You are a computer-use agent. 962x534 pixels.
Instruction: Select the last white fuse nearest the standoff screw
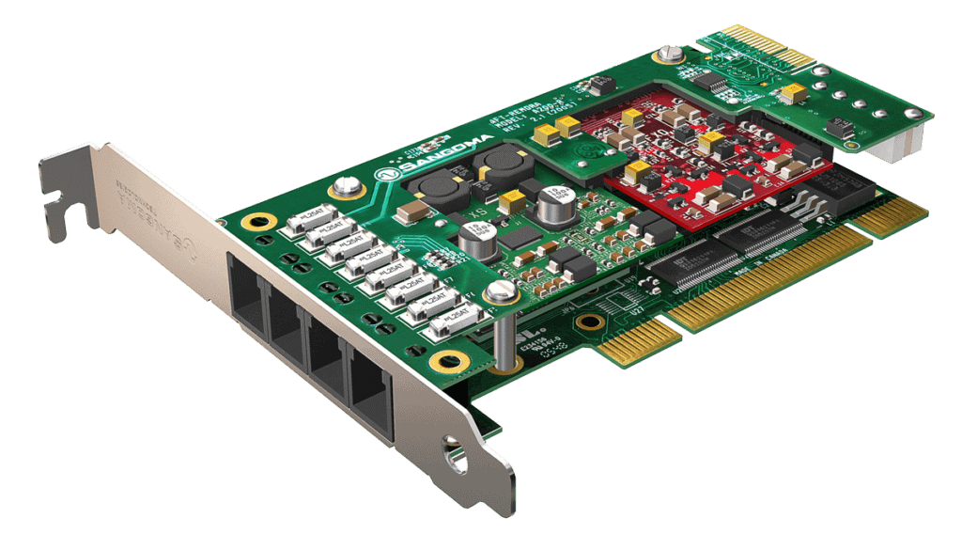[451, 323]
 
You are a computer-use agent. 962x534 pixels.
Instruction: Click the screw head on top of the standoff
[501, 291]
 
